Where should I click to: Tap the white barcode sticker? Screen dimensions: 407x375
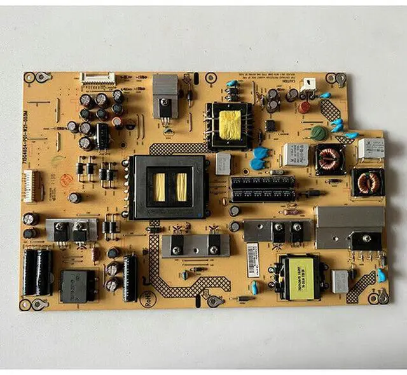coord(253,259)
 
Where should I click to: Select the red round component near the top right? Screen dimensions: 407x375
coord(305,107)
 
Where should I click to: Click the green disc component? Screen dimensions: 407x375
coord(318,133)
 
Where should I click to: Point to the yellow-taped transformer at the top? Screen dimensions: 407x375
coord(229,123)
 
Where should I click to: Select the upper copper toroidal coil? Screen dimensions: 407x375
coord(329,159)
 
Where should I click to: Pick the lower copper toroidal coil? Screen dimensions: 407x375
coord(368,183)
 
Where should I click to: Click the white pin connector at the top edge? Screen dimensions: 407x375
coord(97,79)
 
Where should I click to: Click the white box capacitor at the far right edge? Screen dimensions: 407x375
coord(371,147)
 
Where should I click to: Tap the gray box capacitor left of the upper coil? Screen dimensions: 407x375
coord(294,154)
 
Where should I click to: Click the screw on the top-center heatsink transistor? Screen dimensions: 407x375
coord(165,101)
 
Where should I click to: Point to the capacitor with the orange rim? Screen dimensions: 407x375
coord(118,121)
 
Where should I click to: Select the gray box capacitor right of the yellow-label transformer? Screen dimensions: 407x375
coord(340,281)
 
